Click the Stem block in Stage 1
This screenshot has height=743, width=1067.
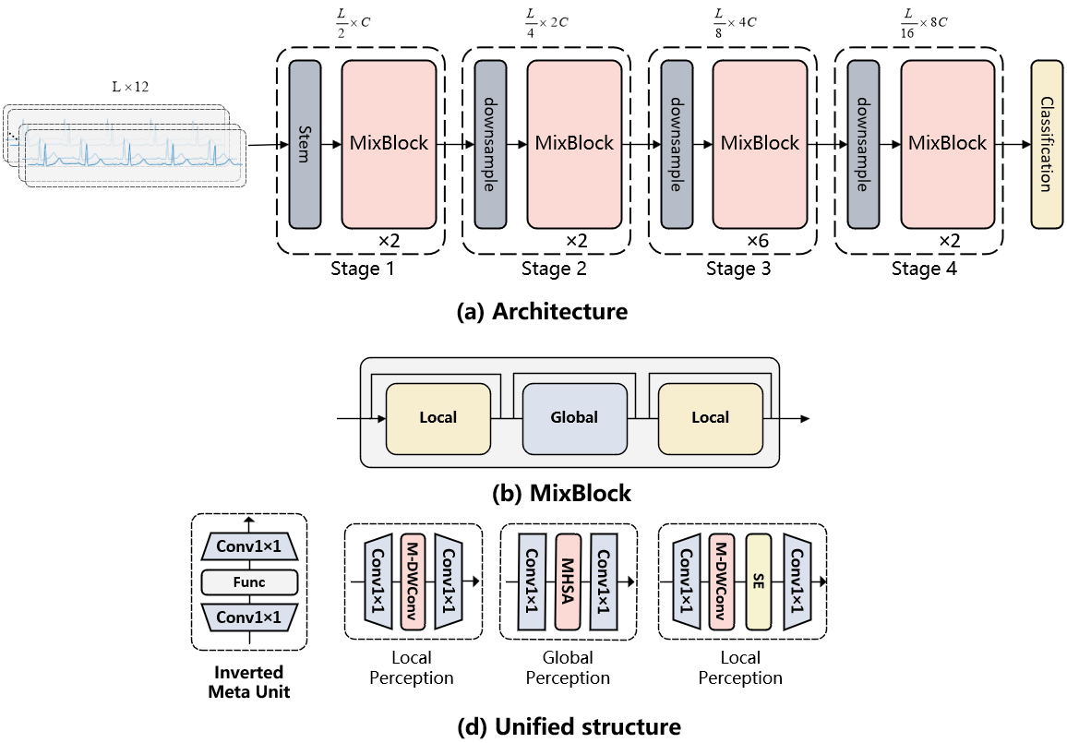point(305,144)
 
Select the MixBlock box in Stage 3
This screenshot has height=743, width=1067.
point(760,144)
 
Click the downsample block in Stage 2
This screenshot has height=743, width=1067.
point(490,144)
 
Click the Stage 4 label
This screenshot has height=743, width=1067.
point(924,270)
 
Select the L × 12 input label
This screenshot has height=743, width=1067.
point(130,87)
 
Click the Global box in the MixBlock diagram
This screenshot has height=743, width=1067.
point(574,417)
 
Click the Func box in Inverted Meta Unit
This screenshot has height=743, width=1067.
point(249,581)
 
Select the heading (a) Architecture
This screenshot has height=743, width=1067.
point(542,312)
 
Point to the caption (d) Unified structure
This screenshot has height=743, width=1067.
point(569,727)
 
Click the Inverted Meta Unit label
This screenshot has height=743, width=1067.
point(249,681)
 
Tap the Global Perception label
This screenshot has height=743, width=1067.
point(568,667)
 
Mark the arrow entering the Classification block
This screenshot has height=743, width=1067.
point(1015,144)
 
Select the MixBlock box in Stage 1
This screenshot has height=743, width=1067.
point(389,144)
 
